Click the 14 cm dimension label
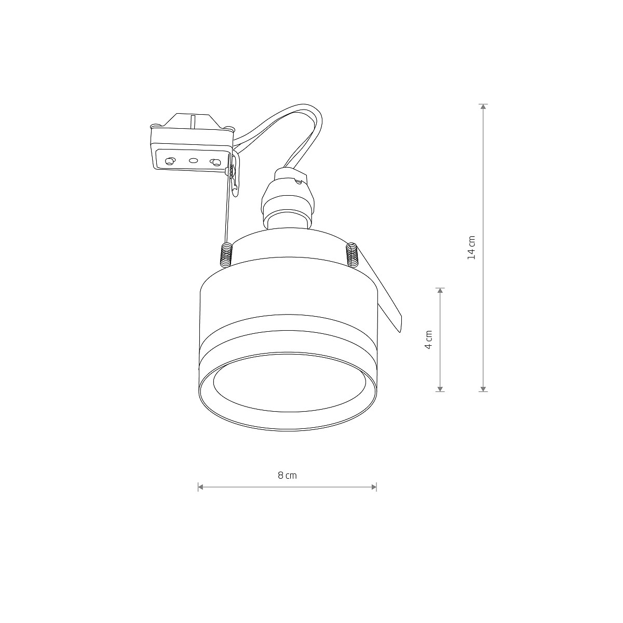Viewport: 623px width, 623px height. pyautogui.click(x=471, y=247)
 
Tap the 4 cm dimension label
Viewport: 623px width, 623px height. pyautogui.click(x=428, y=340)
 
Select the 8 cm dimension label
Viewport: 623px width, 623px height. pyautogui.click(x=287, y=475)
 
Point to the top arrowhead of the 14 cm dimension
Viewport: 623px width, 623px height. pyautogui.click(x=483, y=107)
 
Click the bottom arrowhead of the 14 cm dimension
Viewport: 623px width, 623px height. pyautogui.click(x=483, y=388)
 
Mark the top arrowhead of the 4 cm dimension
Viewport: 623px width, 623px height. pyautogui.click(x=440, y=291)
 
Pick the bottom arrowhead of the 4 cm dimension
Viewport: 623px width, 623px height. pyautogui.click(x=440, y=388)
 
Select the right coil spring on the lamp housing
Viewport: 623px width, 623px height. pyautogui.click(x=353, y=254)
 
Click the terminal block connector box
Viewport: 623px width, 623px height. pyautogui.click(x=191, y=143)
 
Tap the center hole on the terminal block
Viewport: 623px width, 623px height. pyautogui.click(x=194, y=161)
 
